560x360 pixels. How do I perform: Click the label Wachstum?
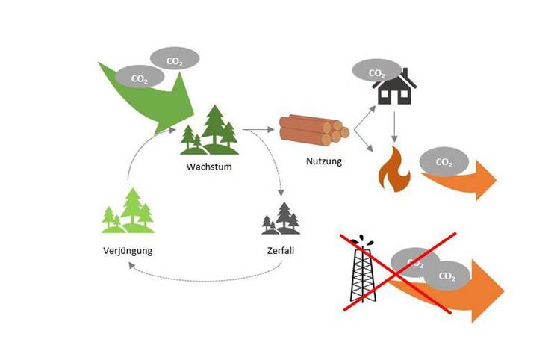pyautogui.click(x=208, y=166)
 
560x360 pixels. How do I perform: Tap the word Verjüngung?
pyautogui.click(x=128, y=251)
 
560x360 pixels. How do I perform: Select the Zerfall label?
pyautogui.click(x=280, y=251)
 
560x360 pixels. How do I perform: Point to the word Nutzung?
pyautogui.click(x=324, y=160)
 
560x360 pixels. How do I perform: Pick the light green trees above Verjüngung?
pyautogui.click(x=128, y=211)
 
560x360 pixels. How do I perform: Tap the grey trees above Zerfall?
pyautogui.click(x=280, y=218)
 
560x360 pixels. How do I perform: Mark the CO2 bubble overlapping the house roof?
pyautogui.click(x=377, y=73)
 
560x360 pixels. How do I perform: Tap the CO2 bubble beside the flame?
pyautogui.click(x=444, y=162)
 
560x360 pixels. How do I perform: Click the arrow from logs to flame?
pyautogui.click(x=364, y=143)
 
